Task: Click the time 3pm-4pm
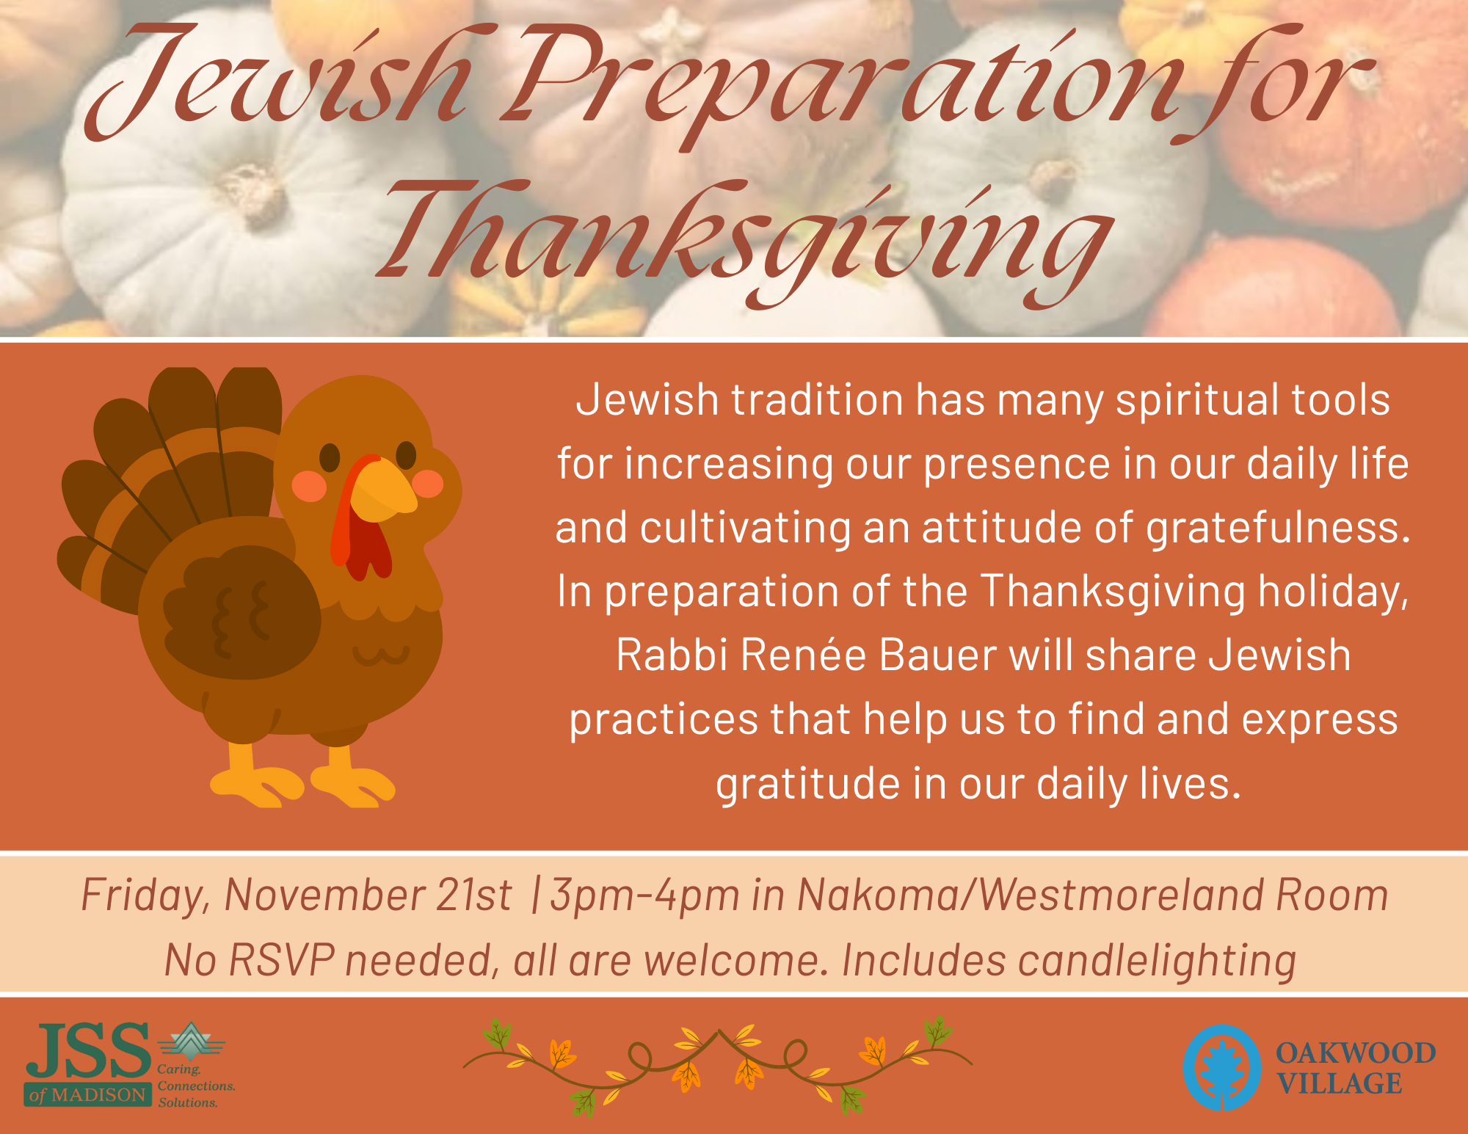click(645, 896)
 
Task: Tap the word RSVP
click(282, 960)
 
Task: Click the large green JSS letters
click(88, 1051)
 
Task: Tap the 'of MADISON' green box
click(87, 1094)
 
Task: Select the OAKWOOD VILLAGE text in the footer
click(1355, 1068)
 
